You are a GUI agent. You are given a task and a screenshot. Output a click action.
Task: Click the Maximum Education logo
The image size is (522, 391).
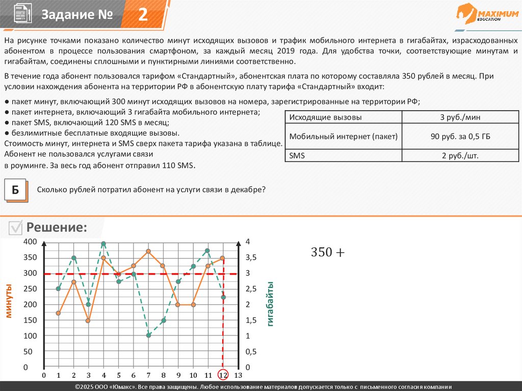(x=487, y=14)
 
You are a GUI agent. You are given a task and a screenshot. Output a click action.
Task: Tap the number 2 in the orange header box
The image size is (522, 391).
(x=143, y=15)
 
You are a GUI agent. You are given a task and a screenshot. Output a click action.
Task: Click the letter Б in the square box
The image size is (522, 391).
(x=15, y=190)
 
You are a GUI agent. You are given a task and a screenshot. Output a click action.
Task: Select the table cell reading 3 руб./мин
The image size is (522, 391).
(x=460, y=118)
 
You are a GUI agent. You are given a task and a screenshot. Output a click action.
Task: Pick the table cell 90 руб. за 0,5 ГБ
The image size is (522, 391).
(x=460, y=137)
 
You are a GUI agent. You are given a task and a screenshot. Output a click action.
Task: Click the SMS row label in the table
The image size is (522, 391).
(x=297, y=155)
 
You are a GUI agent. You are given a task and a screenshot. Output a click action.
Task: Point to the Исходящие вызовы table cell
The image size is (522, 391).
(x=326, y=118)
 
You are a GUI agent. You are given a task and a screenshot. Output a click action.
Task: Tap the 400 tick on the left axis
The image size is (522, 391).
(x=31, y=242)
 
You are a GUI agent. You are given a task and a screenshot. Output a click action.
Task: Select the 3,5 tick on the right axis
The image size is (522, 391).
(x=251, y=257)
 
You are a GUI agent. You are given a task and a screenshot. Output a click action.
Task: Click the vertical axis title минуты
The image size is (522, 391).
(x=9, y=301)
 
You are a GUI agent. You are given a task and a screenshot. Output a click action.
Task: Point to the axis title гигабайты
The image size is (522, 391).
(x=270, y=303)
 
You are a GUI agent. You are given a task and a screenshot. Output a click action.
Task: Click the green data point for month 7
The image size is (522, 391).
(x=148, y=335)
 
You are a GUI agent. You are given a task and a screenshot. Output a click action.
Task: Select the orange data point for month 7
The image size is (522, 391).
(x=148, y=251)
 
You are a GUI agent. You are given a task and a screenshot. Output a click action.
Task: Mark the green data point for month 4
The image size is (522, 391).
(x=103, y=244)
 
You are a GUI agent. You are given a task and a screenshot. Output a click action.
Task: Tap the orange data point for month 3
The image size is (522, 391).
(x=88, y=321)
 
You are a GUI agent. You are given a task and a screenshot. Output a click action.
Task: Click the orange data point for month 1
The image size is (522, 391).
(x=58, y=313)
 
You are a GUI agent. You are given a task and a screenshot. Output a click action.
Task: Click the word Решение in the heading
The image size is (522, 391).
(x=57, y=227)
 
